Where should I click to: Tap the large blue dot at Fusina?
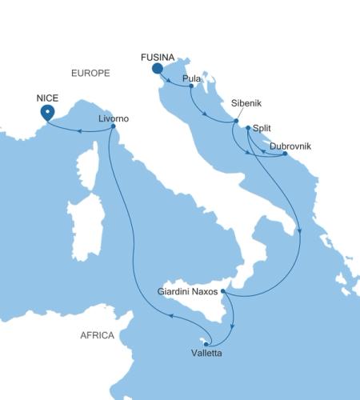point(158,69)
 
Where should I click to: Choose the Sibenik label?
point(246,104)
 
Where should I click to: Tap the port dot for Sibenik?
point(236,121)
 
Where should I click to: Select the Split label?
point(262,127)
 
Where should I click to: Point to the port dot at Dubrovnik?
point(286,154)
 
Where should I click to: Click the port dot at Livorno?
point(114,126)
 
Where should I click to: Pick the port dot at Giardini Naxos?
point(224,291)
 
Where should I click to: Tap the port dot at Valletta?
point(206,344)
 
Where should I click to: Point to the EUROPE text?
point(90,73)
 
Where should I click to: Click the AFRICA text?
point(98,335)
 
